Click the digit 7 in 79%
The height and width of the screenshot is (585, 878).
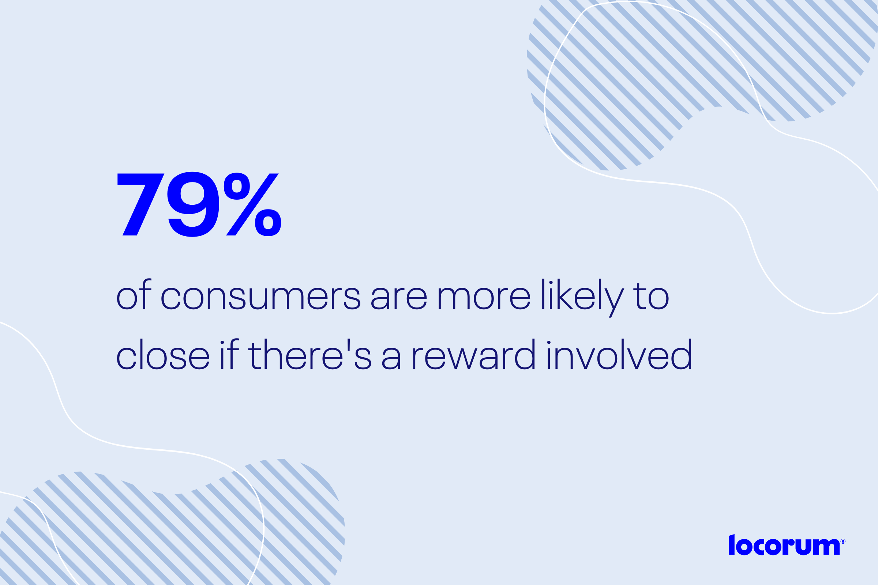(x=141, y=204)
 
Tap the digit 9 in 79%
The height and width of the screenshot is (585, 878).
(x=193, y=204)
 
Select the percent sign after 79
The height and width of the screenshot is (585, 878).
(x=252, y=204)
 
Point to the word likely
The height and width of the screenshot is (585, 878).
(x=583, y=298)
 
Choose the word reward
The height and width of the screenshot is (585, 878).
(x=474, y=354)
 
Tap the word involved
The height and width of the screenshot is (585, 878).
(x=620, y=354)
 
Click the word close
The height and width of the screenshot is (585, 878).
(x=163, y=354)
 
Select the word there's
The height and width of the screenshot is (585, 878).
(x=310, y=354)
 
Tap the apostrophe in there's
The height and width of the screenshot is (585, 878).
(x=349, y=345)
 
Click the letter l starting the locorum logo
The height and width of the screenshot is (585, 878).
(x=732, y=545)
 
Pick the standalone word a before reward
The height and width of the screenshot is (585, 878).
(x=391, y=358)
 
